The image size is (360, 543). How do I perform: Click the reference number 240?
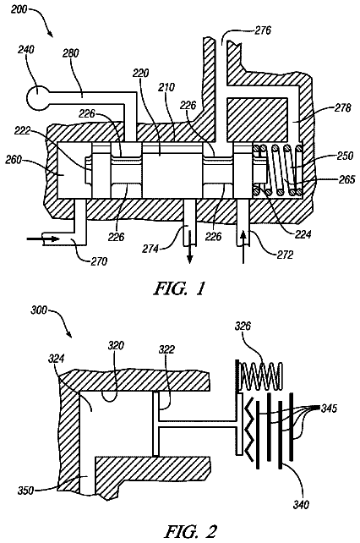pos(26,50)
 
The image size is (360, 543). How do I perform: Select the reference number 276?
pos(263,30)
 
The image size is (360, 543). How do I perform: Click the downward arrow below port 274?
pos(190,254)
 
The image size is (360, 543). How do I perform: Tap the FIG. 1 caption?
pos(179,288)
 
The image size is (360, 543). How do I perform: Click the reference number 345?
pos(329,409)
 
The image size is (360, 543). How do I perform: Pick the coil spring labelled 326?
pos(262,376)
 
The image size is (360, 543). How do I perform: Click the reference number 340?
pos(301,505)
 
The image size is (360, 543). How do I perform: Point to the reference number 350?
pos(26,490)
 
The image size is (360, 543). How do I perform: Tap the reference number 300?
pos(38,310)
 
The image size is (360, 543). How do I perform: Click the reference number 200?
pos(19,9)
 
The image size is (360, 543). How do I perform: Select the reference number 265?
pos(346,179)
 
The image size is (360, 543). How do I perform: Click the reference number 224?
pos(303,234)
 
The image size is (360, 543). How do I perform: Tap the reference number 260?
pos(14,160)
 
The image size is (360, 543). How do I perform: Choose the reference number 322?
pos(166,349)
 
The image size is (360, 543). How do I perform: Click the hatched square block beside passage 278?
pos(258,118)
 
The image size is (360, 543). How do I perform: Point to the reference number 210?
pos(166,86)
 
